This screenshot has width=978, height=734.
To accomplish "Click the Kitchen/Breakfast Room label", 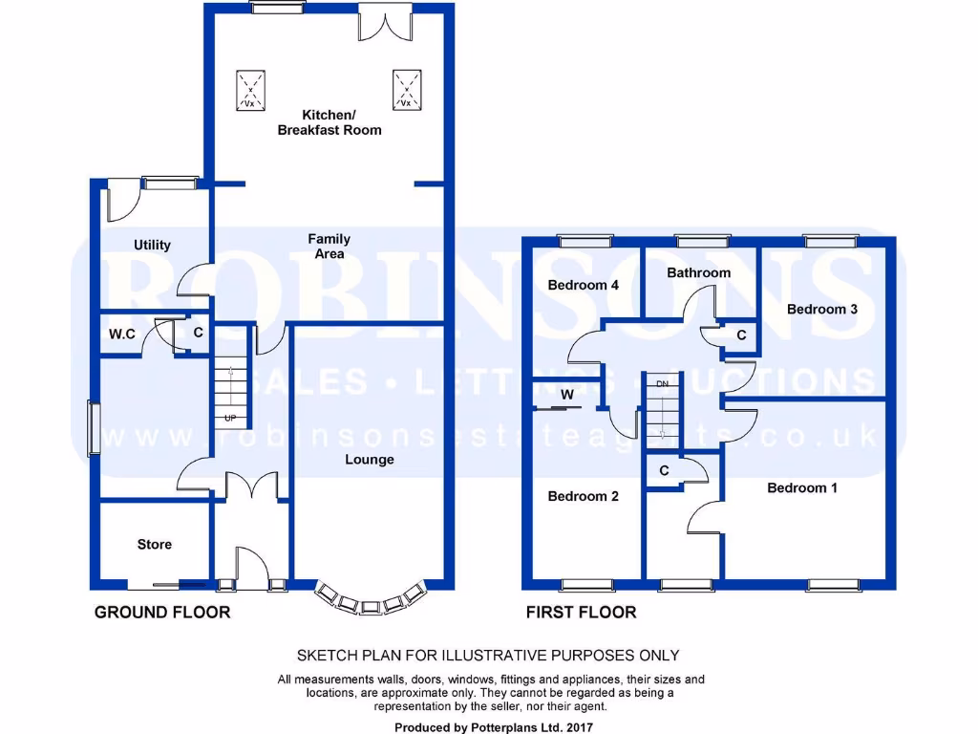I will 330,121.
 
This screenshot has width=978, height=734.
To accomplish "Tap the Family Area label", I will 329,247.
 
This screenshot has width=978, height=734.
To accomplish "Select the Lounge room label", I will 370,460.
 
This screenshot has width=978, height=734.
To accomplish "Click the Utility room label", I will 152,245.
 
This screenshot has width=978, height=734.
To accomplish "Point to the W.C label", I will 122,335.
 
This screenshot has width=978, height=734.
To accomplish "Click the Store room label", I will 154,544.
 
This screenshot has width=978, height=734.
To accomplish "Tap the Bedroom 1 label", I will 802,487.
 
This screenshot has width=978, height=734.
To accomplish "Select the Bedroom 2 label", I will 583,496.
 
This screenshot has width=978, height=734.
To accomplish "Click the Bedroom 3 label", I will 821,309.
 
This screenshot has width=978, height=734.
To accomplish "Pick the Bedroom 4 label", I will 583,285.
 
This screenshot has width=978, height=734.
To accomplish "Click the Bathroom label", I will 698,272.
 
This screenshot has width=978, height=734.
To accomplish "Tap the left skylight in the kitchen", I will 251,90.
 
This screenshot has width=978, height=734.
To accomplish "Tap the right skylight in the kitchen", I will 406,90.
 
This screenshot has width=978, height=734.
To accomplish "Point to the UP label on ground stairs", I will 229,419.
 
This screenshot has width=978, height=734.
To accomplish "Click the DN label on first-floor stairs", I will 662,383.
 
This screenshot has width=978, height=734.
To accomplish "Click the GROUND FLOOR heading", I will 161,612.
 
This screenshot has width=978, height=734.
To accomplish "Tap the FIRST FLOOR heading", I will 581,612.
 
